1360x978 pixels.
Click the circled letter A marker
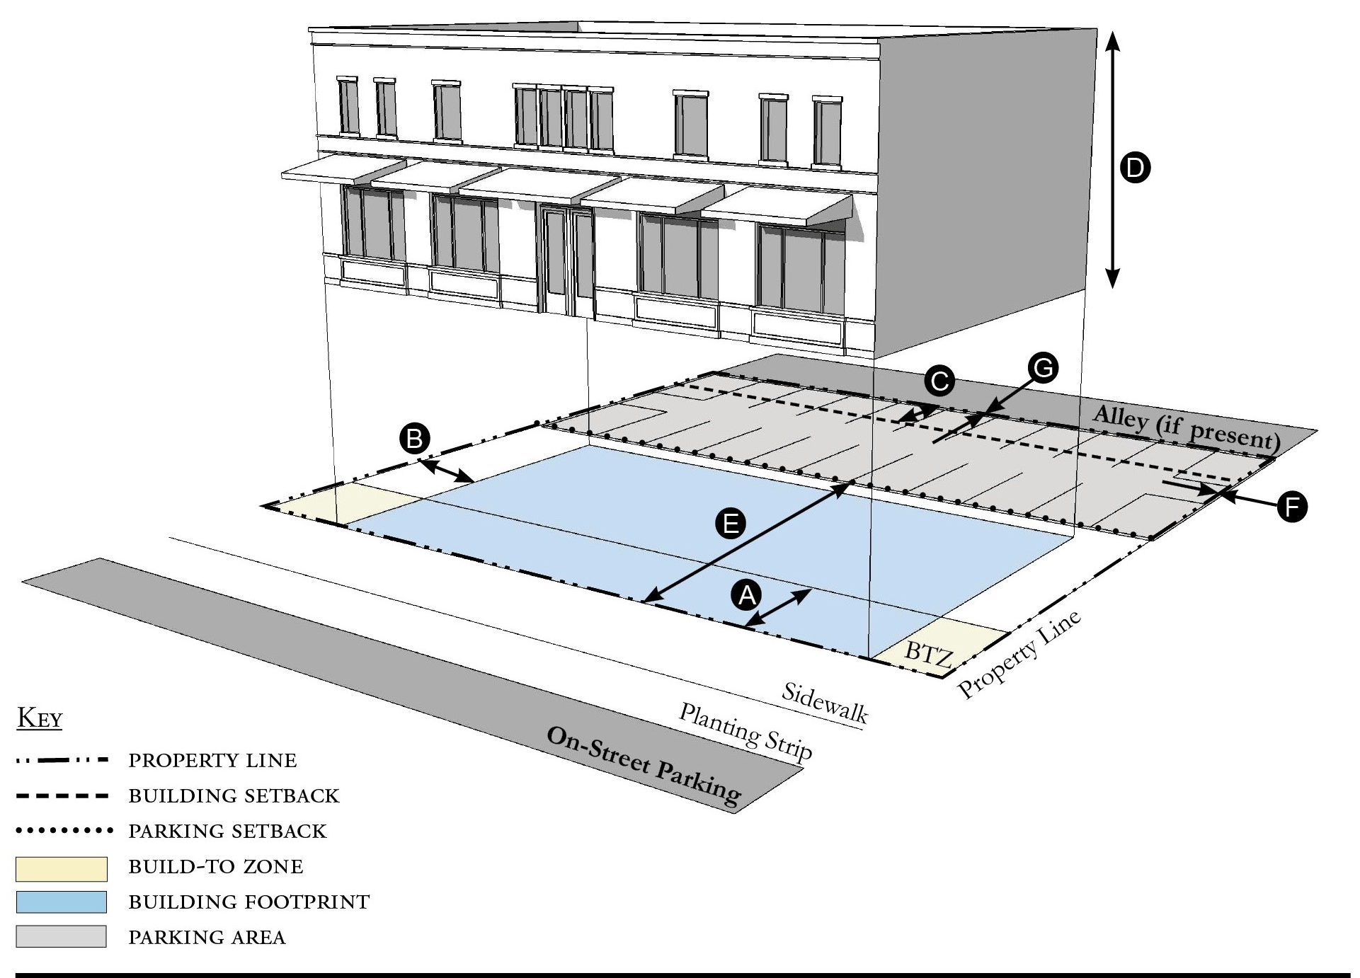(747, 596)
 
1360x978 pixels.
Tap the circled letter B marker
(414, 439)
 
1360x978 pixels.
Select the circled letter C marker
(939, 382)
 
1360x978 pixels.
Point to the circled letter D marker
(1135, 168)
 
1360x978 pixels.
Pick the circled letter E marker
(731, 524)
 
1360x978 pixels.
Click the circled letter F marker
(1292, 507)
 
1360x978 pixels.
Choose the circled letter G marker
(1043, 368)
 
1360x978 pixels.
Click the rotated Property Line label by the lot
(1019, 655)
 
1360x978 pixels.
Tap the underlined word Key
(40, 718)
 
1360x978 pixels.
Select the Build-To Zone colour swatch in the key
(62, 868)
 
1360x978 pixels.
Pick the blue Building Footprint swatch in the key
(62, 902)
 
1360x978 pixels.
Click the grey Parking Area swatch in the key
(62, 937)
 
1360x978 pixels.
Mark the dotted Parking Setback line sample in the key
(64, 830)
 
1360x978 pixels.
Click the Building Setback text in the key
(234, 796)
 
